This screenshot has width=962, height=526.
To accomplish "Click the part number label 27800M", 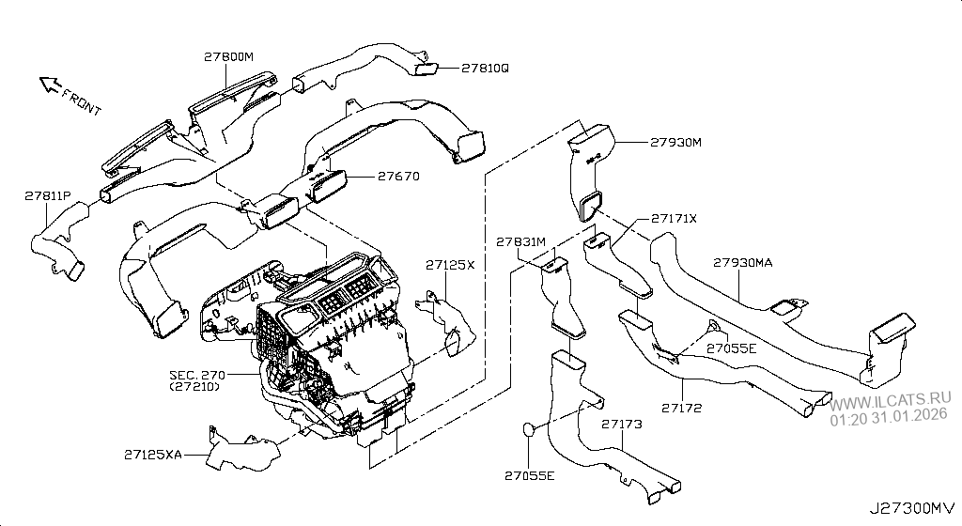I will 229,56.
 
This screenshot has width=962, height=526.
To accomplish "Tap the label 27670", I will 398,176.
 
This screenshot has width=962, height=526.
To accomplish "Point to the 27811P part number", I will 47,195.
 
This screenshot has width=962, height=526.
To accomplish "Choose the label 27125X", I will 450,265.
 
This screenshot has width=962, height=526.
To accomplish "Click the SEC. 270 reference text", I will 197,375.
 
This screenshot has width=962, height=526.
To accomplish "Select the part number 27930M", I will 675,143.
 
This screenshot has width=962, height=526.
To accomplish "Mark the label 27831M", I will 521,241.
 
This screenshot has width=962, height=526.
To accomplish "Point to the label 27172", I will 681,409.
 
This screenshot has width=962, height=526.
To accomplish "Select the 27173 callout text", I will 622,425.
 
